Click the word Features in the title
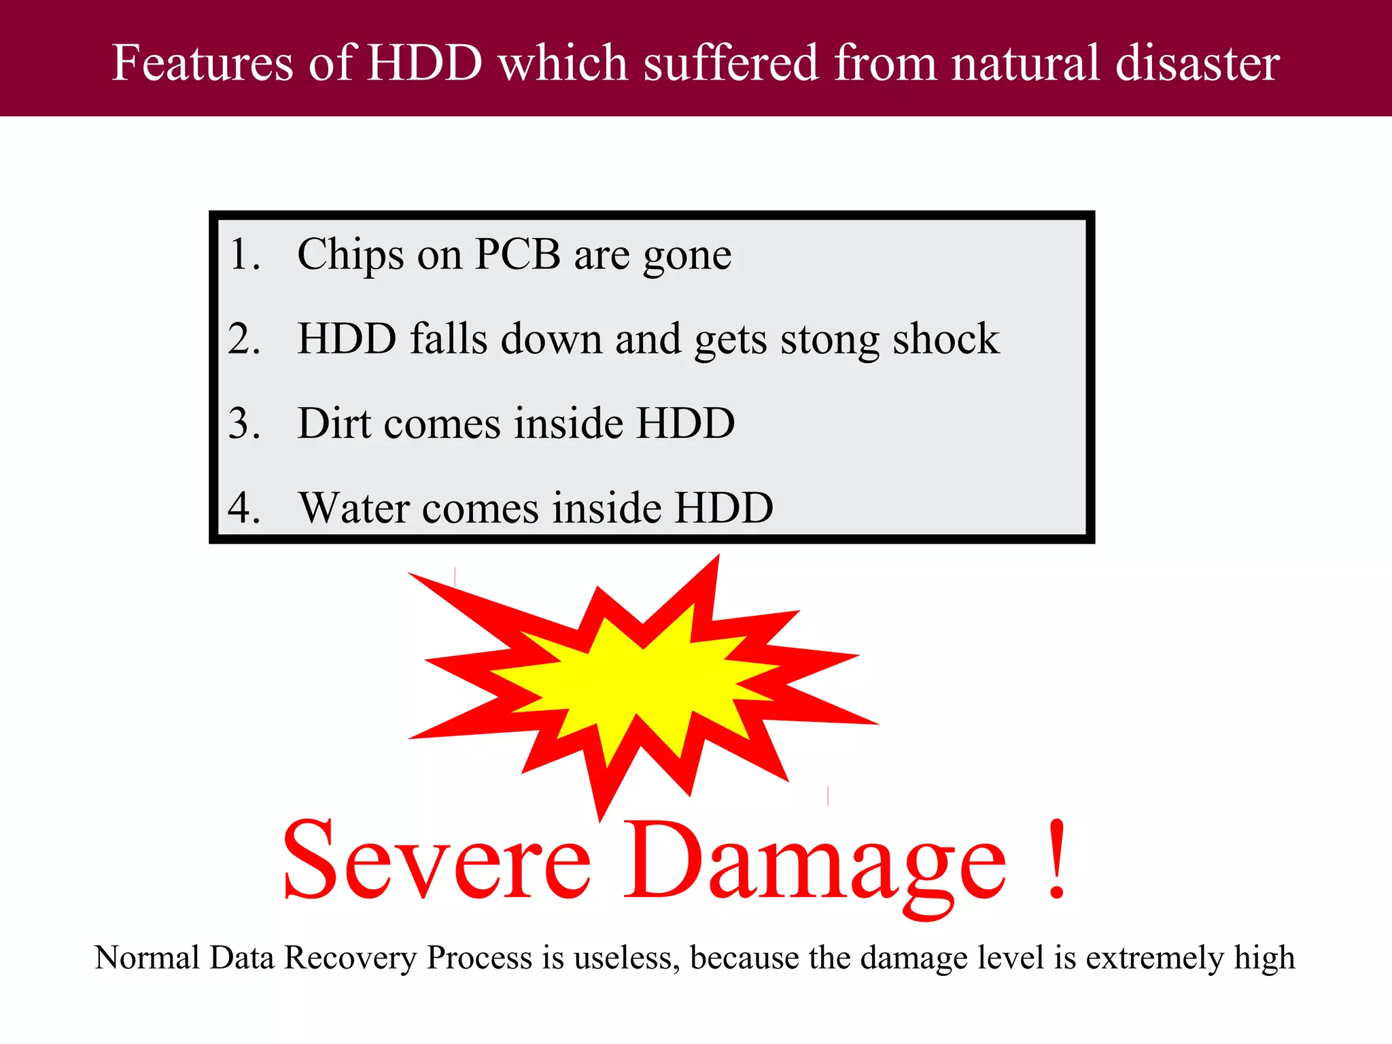click(x=203, y=63)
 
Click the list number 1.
click(x=243, y=255)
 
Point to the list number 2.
click(x=243, y=338)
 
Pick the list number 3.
click(x=243, y=423)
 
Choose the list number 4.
click(x=243, y=508)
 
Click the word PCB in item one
click(x=517, y=255)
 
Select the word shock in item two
click(x=945, y=338)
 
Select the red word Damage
click(x=815, y=863)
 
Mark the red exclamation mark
click(x=1056, y=860)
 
